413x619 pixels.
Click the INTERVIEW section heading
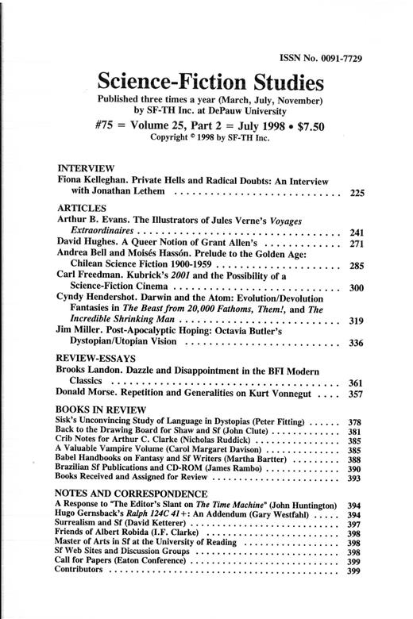pos(87,168)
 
